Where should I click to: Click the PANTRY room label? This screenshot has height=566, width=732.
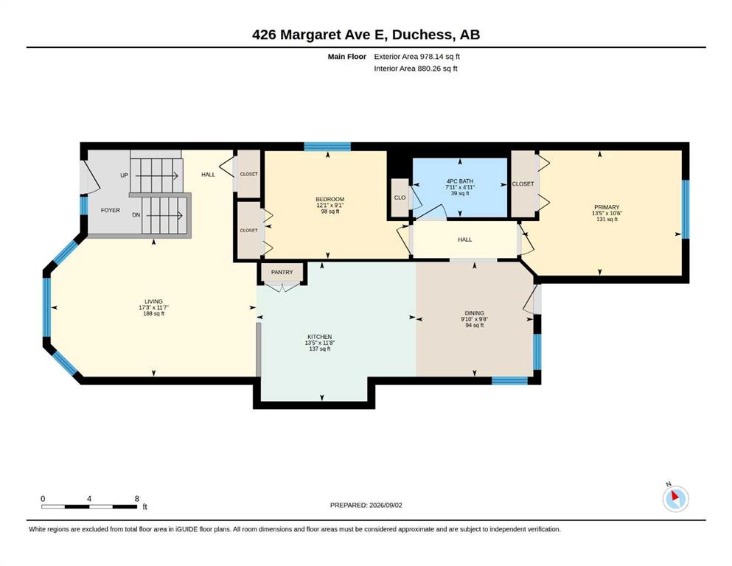coord(282,272)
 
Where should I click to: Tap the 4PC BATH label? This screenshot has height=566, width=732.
coord(460,181)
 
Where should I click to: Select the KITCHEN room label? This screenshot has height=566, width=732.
coord(320,337)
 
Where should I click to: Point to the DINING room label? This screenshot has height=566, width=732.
coord(474,313)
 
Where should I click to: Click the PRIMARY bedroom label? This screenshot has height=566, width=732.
coord(607,207)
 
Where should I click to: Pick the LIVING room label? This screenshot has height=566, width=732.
coord(153,301)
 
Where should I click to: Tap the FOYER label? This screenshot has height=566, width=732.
coord(111,211)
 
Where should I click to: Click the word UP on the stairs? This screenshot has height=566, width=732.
coord(124,175)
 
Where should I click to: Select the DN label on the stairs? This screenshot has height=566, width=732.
coord(136,215)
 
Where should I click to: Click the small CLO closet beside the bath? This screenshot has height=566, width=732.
coord(400,198)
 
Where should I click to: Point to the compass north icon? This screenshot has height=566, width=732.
coord(675,499)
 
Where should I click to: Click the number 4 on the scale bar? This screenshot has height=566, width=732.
coord(89,499)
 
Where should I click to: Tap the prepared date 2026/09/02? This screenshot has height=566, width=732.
coord(386,505)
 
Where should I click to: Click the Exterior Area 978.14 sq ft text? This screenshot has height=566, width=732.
coord(417,57)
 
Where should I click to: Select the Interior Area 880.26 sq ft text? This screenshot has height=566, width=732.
coord(416,69)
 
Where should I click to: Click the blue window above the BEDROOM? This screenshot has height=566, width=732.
coord(327,147)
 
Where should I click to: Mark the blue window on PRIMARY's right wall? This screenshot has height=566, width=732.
coord(686,209)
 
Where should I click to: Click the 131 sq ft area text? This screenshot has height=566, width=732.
coord(607,220)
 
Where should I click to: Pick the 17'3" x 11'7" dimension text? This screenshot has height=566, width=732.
coord(153,307)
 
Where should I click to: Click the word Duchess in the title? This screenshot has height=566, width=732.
coord(422,35)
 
